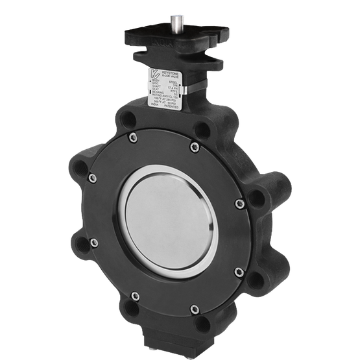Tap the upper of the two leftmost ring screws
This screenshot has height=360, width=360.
coord(93,176)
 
